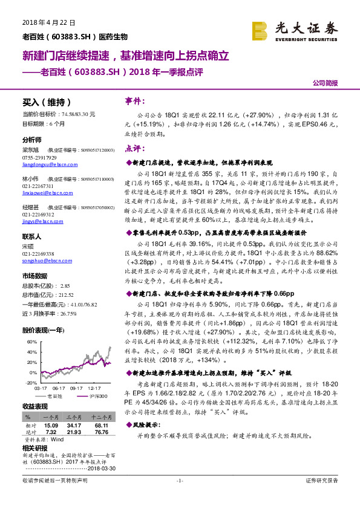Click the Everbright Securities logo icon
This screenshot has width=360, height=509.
[x=261, y=31]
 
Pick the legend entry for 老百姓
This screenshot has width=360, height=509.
[x=54, y=396]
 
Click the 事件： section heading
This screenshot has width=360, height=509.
[x=134, y=100]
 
